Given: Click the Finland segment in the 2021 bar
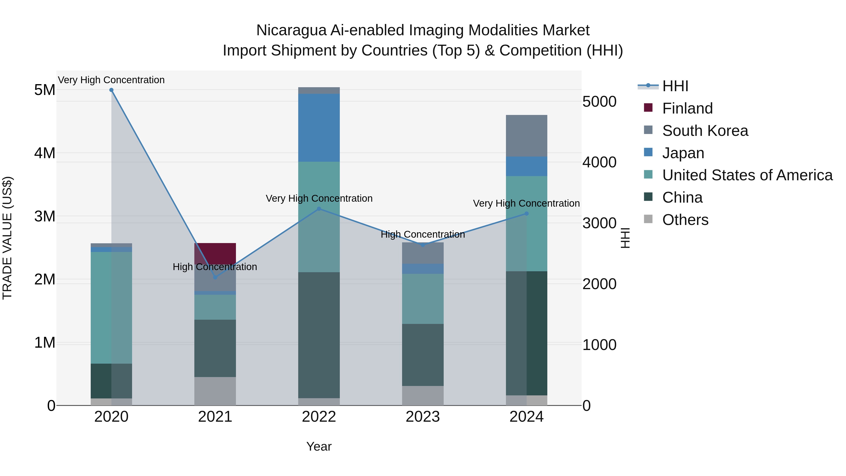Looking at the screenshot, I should coord(215,253).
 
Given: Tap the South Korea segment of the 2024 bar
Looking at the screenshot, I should coord(526,136).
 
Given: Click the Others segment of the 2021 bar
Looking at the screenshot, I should coord(215,391).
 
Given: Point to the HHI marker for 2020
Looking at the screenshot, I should coord(111,90).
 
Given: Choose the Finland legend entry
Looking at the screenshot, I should coord(687,108).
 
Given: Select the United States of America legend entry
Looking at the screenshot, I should coord(747,175).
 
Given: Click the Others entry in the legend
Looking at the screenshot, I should coord(685,220).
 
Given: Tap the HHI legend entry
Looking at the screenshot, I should coord(675,86).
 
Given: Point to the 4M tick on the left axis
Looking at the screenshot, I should coord(45,153).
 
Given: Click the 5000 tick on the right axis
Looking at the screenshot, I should coord(599,102).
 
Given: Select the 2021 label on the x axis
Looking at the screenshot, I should coord(215,417).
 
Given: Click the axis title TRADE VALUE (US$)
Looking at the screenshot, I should coord(7,238).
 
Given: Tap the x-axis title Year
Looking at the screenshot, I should coord(319,446).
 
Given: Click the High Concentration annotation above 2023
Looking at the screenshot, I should coord(423,235).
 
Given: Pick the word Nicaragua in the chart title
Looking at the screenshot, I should coord(291,30).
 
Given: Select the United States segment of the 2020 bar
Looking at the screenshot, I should coord(111,307).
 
